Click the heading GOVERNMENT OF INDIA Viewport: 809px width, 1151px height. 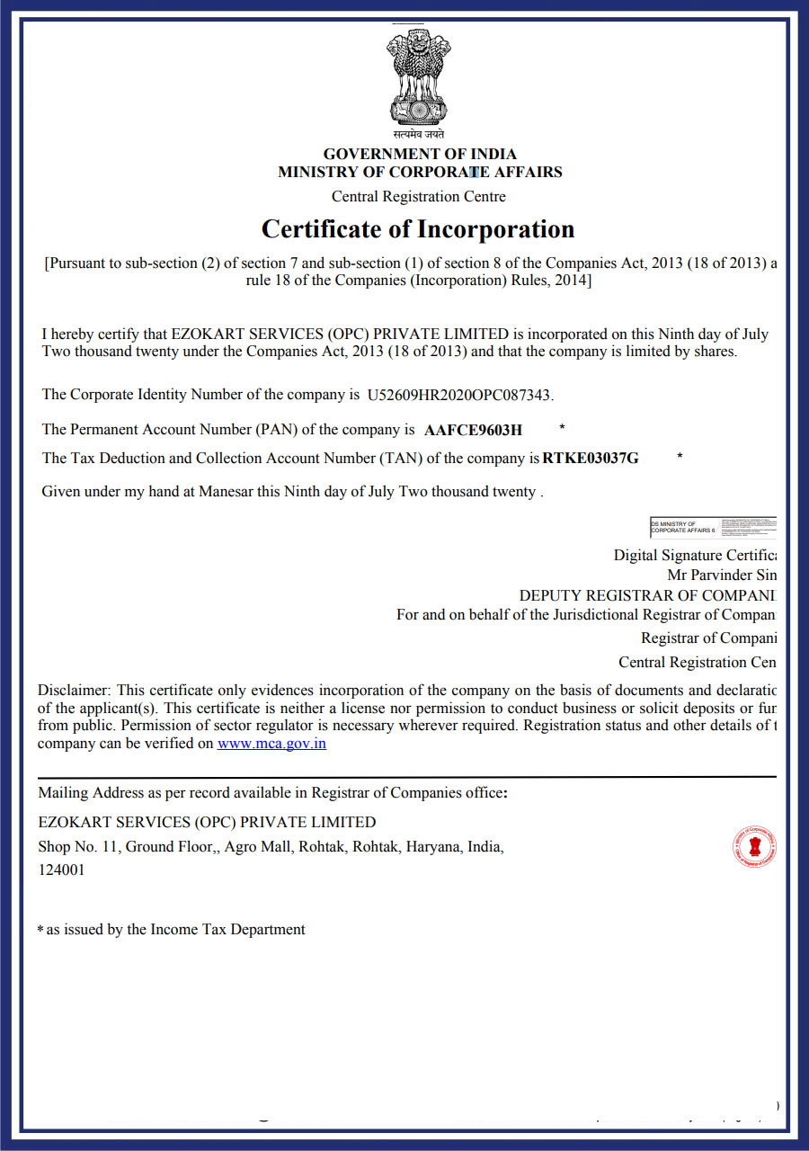point(420,154)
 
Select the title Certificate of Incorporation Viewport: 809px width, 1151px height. point(418,229)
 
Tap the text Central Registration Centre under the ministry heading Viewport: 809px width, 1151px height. point(419,197)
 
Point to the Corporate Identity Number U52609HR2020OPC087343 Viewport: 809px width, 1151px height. point(459,395)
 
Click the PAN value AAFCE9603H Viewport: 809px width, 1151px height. point(473,430)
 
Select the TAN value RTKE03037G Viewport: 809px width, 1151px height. point(591,459)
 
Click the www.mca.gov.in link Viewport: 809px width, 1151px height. point(271,744)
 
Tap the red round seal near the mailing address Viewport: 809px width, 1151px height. point(754,847)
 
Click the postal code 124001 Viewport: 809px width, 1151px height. point(61,870)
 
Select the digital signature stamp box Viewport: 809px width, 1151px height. point(712,528)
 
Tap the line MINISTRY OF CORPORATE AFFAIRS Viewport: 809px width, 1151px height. point(420,173)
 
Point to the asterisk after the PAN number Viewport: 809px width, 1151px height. point(562,427)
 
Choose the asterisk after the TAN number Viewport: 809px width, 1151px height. point(680,457)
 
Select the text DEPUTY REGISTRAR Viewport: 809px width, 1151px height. point(581,595)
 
